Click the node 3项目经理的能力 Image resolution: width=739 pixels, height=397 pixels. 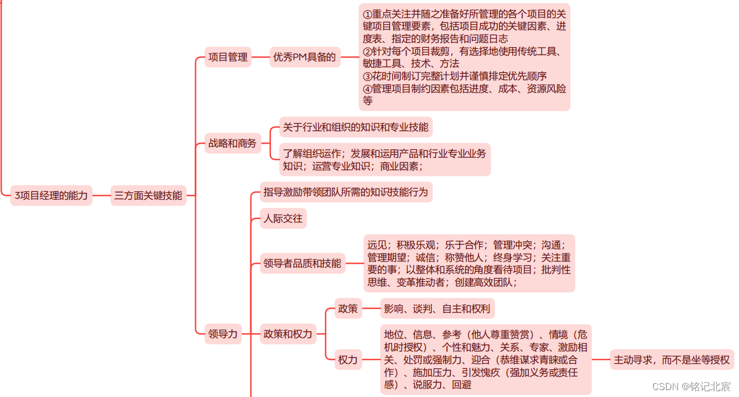tap(52, 196)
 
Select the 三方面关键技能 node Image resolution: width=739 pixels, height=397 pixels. tap(148, 196)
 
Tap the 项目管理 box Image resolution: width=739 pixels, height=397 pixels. tap(228, 57)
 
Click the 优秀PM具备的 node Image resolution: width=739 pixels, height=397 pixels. tap(304, 57)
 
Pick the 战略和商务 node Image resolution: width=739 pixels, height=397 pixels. tap(233, 144)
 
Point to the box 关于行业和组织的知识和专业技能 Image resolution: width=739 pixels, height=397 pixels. tap(355, 128)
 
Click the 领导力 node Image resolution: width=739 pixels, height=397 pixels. tap(223, 334)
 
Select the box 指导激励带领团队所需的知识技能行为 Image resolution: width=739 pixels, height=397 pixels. tap(346, 192)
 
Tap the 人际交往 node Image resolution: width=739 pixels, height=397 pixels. tap(283, 219)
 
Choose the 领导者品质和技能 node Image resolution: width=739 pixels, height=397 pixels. tap(303, 264)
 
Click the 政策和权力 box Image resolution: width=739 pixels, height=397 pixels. tap(288, 334)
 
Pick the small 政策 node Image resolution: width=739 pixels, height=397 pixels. tap(348, 309)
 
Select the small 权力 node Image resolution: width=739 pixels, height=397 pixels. tap(348, 360)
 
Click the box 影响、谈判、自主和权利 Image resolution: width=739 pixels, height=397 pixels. tap(438, 309)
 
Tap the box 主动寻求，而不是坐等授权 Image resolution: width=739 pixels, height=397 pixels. tap(672, 360)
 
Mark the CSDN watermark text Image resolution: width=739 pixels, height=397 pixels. tap(691, 387)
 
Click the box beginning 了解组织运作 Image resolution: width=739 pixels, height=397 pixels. tap(385, 160)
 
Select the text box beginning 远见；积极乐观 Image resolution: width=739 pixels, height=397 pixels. tap(469, 263)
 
